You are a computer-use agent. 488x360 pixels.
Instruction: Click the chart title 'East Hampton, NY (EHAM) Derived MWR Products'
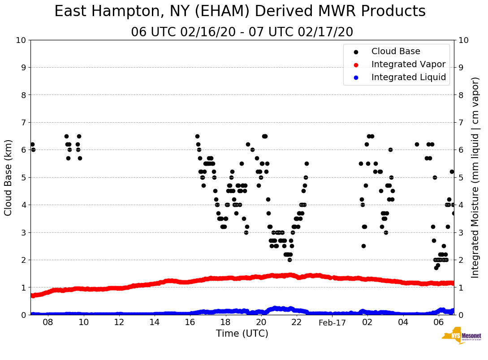point(240,12)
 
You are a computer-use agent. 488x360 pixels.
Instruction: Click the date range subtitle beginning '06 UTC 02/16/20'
point(242,32)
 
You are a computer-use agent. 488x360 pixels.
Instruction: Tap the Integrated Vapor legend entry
point(408,64)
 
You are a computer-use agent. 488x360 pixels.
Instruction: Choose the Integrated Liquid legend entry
point(408,77)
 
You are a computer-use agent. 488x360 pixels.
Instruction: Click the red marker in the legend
point(356,64)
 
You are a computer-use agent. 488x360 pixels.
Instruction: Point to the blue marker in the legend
point(356,77)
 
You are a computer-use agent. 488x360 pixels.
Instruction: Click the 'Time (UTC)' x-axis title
point(242,334)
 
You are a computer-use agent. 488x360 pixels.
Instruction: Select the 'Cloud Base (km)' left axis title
point(9,177)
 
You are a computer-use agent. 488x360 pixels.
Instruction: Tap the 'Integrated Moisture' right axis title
point(475,177)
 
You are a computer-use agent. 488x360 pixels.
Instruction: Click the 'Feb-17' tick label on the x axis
point(332,323)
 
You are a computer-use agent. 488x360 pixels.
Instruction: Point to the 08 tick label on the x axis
point(48,323)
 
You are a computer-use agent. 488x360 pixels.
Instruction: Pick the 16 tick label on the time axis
point(190,323)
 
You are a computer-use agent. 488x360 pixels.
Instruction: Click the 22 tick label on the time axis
point(297,323)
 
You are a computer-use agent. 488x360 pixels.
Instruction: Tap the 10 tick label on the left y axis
point(21,40)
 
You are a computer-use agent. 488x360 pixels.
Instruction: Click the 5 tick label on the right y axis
point(460,177)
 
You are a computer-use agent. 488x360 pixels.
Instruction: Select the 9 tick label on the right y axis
point(460,68)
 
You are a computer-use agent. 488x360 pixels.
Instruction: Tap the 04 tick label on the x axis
point(403,323)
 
